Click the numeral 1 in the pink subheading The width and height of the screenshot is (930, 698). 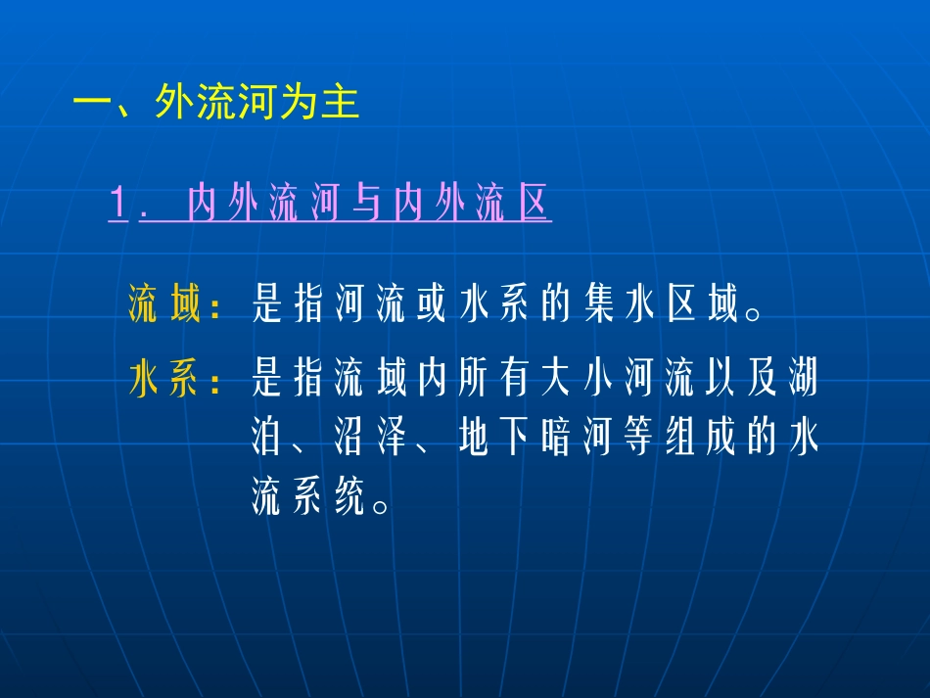(119, 206)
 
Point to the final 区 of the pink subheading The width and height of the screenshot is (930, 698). (534, 206)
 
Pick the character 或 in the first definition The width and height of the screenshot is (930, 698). (432, 306)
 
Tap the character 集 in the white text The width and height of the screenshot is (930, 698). (596, 306)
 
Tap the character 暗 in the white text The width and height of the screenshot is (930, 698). (555, 442)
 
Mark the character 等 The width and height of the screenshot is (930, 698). (637, 442)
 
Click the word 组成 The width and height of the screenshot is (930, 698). (699, 442)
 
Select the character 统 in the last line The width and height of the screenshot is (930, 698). (349, 501)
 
